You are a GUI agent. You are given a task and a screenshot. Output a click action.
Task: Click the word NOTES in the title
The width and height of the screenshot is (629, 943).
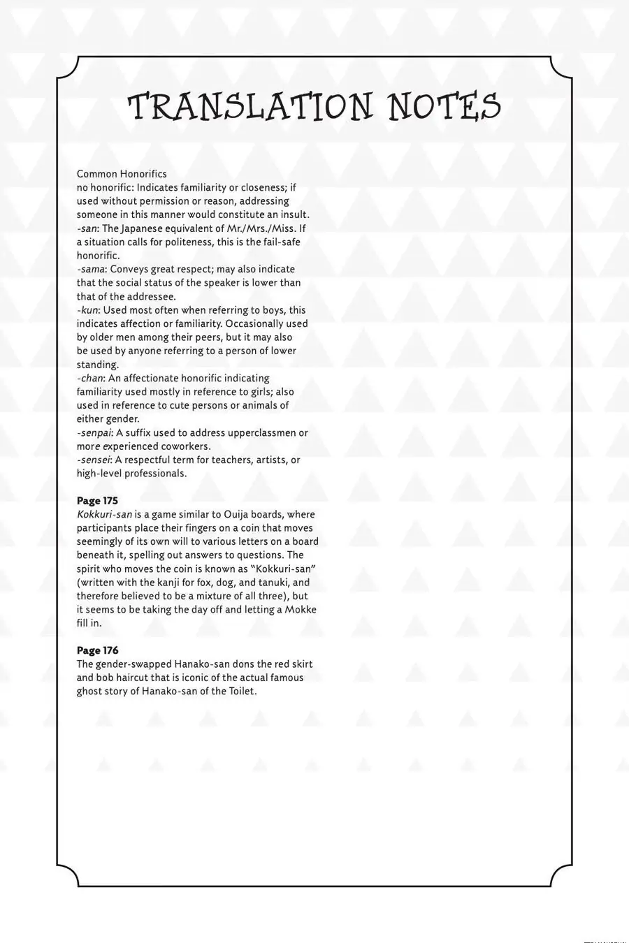444,108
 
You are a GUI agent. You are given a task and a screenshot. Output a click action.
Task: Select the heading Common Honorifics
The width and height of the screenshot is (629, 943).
122,174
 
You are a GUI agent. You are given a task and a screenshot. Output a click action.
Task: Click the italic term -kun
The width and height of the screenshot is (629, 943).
88,310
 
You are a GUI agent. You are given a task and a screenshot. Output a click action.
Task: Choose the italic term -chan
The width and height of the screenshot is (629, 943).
90,378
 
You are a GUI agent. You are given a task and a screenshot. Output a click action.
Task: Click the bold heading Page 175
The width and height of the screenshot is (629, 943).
97,501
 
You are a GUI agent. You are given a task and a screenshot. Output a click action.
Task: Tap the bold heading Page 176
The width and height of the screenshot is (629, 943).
97,650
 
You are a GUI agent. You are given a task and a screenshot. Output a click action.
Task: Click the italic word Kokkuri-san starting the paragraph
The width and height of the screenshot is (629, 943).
104,515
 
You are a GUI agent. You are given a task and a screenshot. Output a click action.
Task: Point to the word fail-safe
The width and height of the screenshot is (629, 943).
280,242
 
